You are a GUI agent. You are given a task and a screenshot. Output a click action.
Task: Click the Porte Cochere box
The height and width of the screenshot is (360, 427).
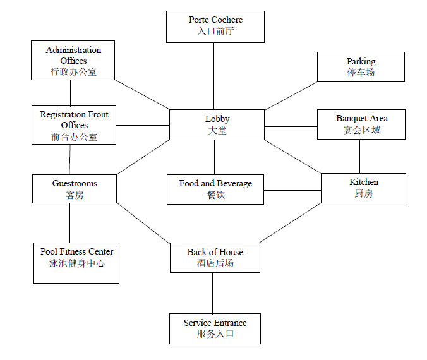215,27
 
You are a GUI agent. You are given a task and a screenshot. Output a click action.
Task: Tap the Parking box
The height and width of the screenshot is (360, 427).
361,67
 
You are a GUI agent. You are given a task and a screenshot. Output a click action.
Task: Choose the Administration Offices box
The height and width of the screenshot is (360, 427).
73,61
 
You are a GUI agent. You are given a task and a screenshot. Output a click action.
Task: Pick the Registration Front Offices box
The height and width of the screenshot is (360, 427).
74,125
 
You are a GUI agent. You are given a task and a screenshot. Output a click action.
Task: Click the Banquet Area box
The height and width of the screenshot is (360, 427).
361,124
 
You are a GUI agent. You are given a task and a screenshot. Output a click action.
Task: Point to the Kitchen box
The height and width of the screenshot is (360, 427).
363,188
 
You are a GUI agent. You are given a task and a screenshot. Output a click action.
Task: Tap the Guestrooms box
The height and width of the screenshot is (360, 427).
75,189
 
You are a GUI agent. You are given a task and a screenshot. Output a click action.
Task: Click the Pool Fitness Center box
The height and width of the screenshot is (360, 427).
76,261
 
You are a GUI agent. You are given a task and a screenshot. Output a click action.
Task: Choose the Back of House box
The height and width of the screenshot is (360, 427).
215,257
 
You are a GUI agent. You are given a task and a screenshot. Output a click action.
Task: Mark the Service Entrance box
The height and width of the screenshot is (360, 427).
215,328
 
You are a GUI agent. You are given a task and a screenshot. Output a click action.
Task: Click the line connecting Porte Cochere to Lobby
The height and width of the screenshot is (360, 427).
214,76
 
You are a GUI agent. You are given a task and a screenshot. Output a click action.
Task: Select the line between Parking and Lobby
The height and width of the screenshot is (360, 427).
291,95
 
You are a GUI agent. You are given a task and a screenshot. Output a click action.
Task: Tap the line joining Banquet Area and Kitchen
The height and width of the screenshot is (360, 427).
360,156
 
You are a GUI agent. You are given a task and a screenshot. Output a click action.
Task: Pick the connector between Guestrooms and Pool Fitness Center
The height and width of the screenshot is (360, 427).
69,222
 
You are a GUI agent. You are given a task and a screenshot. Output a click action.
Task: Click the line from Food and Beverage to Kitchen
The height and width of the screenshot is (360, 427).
292,190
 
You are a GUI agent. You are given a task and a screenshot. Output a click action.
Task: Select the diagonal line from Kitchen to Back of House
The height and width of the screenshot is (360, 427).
291,223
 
